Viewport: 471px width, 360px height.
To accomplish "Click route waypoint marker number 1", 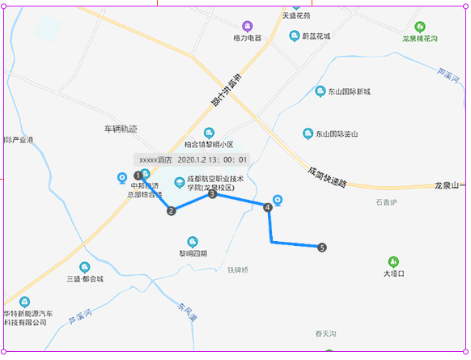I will tap(138, 176).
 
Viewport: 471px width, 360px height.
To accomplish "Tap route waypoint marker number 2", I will tap(171, 211).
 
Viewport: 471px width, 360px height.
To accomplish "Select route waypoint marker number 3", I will tap(212, 194).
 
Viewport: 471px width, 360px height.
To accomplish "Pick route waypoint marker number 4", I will tap(267, 208).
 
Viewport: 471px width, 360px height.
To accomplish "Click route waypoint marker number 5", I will tap(322, 248).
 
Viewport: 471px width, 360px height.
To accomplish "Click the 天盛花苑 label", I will tap(296, 15).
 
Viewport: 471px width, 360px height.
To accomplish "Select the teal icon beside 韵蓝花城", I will tap(295, 36).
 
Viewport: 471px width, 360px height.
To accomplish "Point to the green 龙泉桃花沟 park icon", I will tap(419, 27).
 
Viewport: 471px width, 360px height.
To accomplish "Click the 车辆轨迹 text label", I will tap(121, 129).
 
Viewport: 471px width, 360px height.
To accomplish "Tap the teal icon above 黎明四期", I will tap(193, 241).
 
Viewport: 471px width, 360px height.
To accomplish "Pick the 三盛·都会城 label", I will tap(85, 279).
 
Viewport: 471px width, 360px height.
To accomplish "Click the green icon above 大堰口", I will tap(394, 261).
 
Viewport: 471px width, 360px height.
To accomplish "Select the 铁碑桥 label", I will tap(238, 269).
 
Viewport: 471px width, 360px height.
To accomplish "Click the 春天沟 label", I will tap(325, 333).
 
